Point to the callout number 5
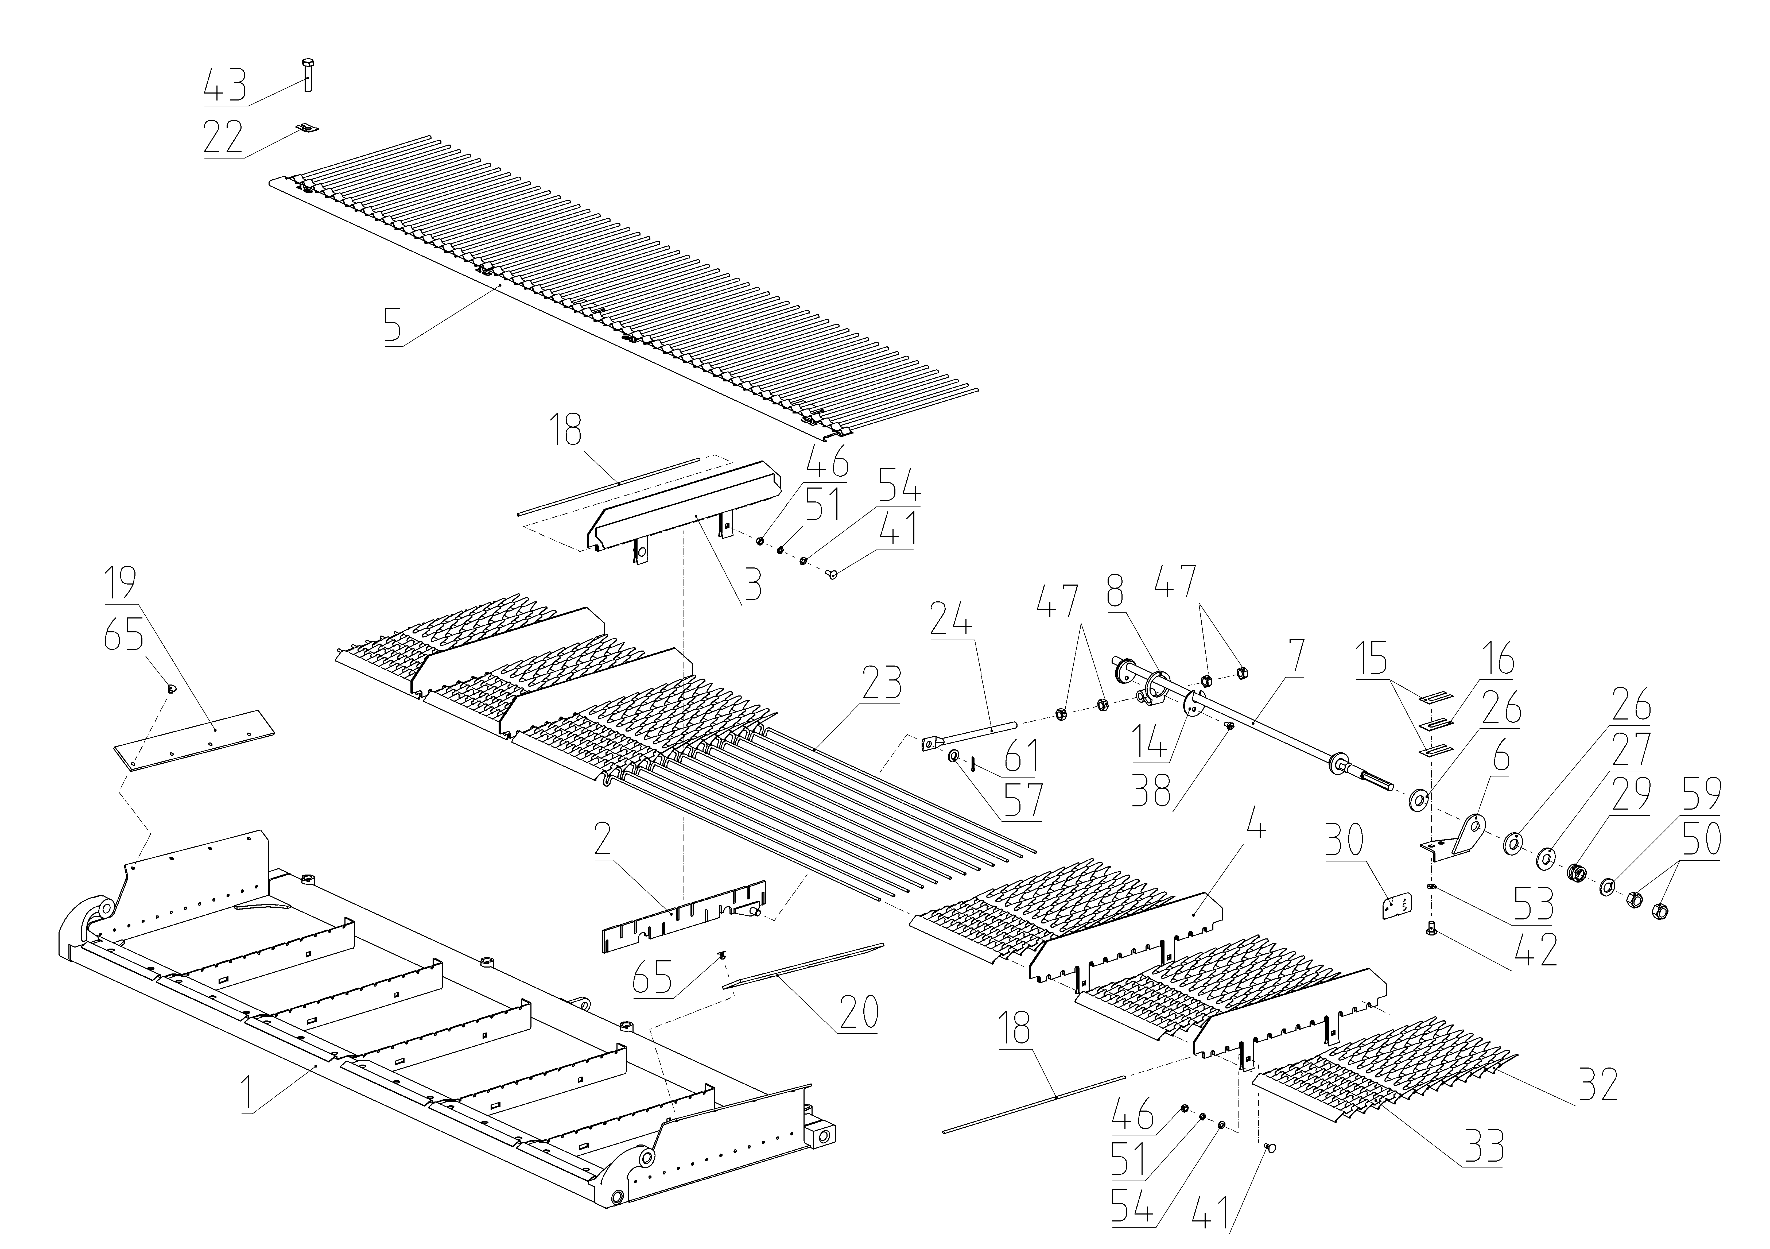(393, 325)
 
